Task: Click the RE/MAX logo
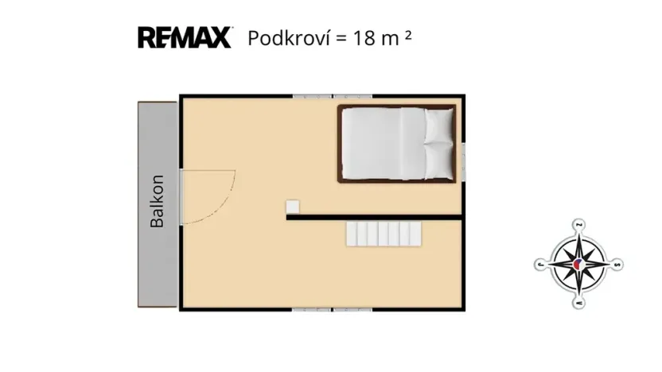[x=185, y=37]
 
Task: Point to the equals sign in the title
[x=341, y=38]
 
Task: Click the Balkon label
[x=158, y=201]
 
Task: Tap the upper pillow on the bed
[x=438, y=126]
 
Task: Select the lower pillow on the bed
[x=438, y=161]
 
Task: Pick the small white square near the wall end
[x=293, y=207]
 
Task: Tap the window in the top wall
[x=316, y=97]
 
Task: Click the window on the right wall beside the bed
[x=463, y=161]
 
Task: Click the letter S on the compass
[x=619, y=265]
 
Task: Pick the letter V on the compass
[x=540, y=265]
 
